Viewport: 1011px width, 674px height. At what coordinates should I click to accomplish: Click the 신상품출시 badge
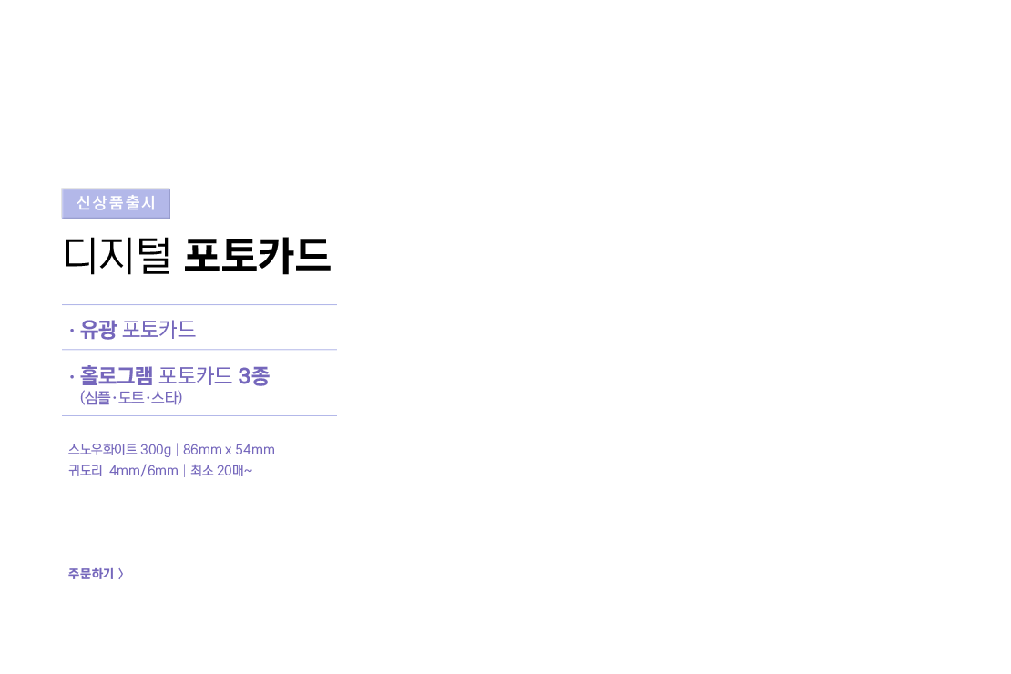point(116,203)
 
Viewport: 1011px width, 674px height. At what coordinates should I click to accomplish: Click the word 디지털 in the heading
point(117,255)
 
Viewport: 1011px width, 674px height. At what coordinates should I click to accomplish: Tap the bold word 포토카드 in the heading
point(257,255)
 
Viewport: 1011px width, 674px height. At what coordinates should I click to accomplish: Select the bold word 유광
point(98,330)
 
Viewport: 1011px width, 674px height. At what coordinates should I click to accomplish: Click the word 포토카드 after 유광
point(158,330)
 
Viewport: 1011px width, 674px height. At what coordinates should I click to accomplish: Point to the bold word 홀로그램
point(116,375)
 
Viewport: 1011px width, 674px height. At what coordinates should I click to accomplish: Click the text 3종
point(253,375)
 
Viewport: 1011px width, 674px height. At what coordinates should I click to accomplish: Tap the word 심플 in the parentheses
point(98,397)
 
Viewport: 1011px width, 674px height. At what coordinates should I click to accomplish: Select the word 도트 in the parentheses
point(131,397)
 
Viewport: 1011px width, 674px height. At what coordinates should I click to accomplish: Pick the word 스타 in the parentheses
point(165,397)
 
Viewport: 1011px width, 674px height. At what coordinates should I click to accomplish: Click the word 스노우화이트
point(103,450)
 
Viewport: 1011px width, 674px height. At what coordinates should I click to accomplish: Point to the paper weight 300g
point(156,450)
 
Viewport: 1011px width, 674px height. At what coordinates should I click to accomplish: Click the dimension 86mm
point(202,450)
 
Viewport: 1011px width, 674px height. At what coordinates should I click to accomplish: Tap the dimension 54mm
point(255,450)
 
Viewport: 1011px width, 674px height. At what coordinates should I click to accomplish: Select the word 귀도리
point(85,470)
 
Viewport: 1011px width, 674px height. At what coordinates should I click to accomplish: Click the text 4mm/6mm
point(144,471)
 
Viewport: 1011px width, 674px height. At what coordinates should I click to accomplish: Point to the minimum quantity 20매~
point(235,471)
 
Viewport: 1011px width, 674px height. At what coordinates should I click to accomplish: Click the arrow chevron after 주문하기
point(120,574)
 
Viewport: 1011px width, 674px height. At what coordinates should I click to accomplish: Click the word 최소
point(202,470)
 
